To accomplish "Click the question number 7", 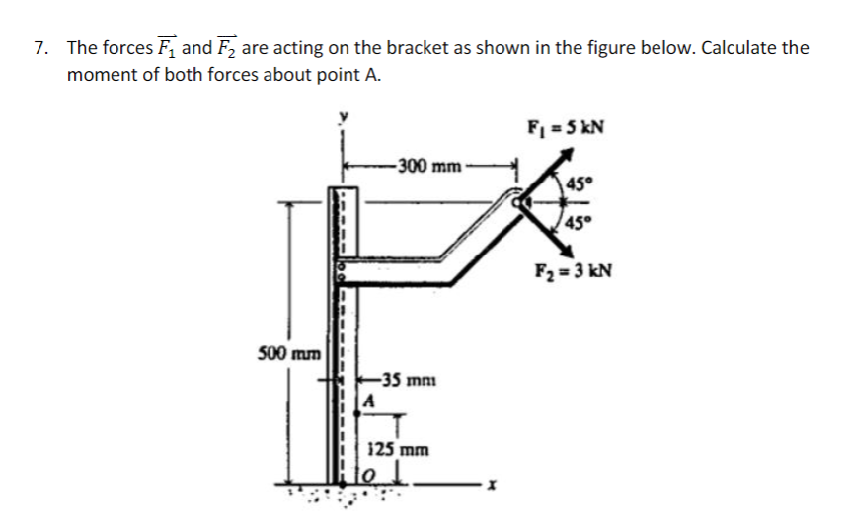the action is click(x=39, y=48).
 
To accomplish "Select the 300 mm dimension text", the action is click(x=427, y=165).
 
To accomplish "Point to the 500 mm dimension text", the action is click(x=285, y=352).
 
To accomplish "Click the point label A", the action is click(x=368, y=401).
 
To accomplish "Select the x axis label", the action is click(x=488, y=485).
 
